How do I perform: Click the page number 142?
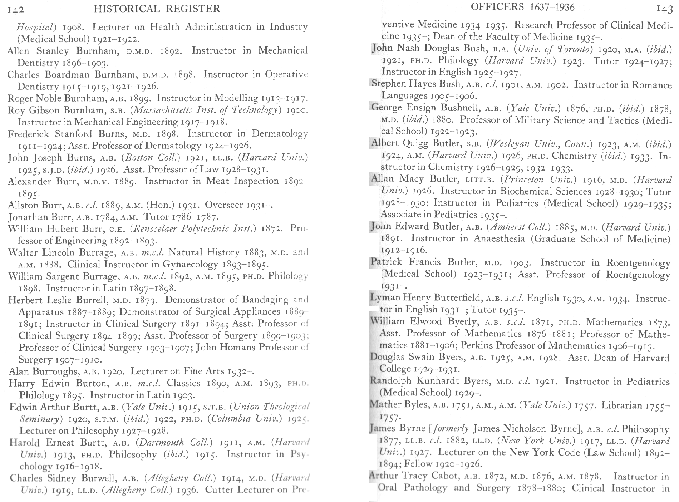pos(15,9)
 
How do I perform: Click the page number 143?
pos(664,9)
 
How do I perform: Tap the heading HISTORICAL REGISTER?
pos(157,9)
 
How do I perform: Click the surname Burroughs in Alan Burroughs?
pos(56,371)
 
